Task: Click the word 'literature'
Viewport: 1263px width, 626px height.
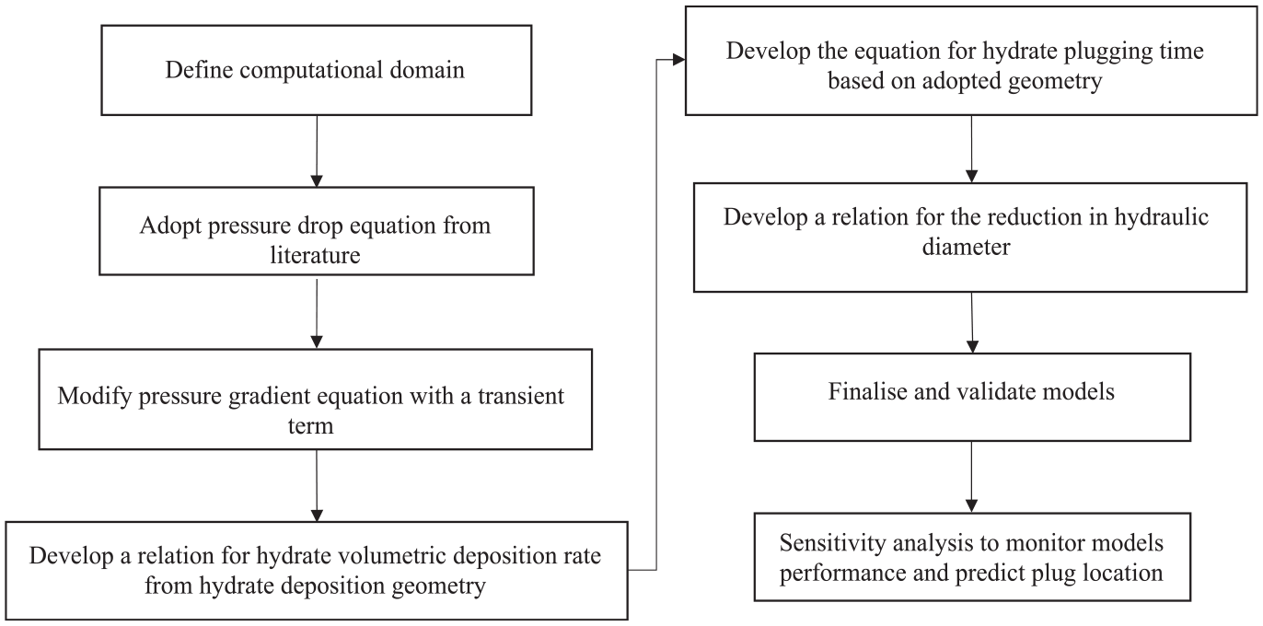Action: pos(315,255)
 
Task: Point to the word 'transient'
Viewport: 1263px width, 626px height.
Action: pos(520,395)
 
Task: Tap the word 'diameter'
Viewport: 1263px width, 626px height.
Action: pos(966,247)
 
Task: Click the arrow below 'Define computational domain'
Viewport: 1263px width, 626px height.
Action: pos(317,151)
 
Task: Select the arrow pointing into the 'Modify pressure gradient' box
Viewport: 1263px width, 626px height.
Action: pos(317,314)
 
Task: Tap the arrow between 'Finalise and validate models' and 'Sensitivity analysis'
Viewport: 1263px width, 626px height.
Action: pos(971,477)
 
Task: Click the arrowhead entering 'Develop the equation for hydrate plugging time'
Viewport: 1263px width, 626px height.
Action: pos(679,60)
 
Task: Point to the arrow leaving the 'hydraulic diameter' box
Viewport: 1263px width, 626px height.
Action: pos(972,322)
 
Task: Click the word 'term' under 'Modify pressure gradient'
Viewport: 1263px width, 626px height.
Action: pos(310,426)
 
